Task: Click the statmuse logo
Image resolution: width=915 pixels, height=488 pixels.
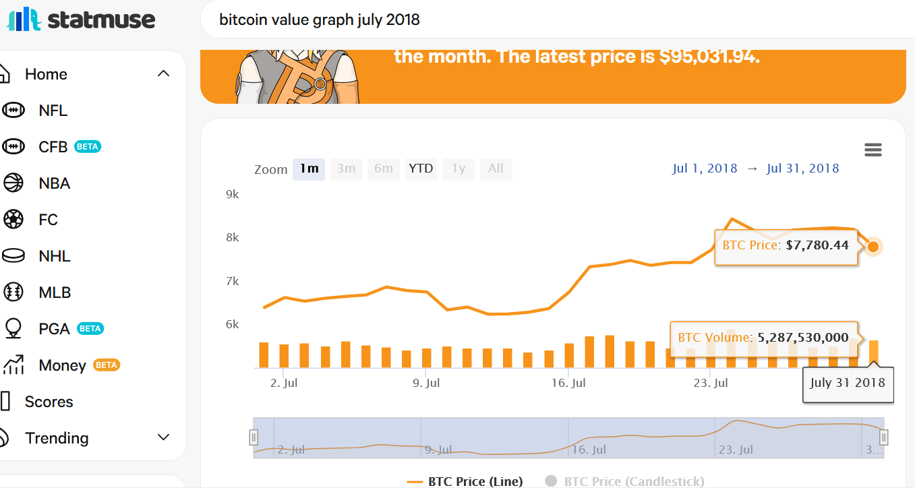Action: pyautogui.click(x=81, y=20)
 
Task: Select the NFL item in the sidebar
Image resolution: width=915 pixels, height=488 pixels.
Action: pyautogui.click(x=53, y=111)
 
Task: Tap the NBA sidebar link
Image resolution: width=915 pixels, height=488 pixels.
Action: pyautogui.click(x=54, y=183)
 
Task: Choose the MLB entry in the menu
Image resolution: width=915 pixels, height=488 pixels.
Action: pyautogui.click(x=54, y=293)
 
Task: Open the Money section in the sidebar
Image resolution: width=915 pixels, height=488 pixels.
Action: pyautogui.click(x=62, y=365)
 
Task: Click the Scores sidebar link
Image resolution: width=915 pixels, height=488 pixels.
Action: pyautogui.click(x=49, y=402)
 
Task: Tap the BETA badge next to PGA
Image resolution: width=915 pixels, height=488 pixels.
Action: pyautogui.click(x=90, y=329)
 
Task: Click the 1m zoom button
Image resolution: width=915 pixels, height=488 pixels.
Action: pyautogui.click(x=309, y=169)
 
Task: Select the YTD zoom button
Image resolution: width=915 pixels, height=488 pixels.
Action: pyautogui.click(x=421, y=169)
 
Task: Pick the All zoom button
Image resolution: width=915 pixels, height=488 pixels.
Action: pyautogui.click(x=496, y=169)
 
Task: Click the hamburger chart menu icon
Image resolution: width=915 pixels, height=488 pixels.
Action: pyautogui.click(x=873, y=150)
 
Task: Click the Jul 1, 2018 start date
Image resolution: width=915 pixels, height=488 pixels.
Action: pyautogui.click(x=705, y=169)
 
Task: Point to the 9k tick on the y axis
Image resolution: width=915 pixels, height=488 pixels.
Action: pyautogui.click(x=232, y=194)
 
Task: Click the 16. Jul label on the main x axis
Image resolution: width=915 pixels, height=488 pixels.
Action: pyautogui.click(x=568, y=383)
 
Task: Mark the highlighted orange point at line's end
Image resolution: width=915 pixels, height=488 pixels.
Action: pyautogui.click(x=873, y=247)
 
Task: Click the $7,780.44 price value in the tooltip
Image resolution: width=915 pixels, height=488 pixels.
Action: pyautogui.click(x=817, y=245)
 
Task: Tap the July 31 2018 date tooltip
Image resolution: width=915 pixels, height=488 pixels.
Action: pyautogui.click(x=848, y=383)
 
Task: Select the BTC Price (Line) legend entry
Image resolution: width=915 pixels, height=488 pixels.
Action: pyautogui.click(x=465, y=481)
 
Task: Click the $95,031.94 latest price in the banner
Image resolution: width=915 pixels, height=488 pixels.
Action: pyautogui.click(x=709, y=57)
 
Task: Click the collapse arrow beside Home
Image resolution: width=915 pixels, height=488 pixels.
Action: pyautogui.click(x=163, y=73)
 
